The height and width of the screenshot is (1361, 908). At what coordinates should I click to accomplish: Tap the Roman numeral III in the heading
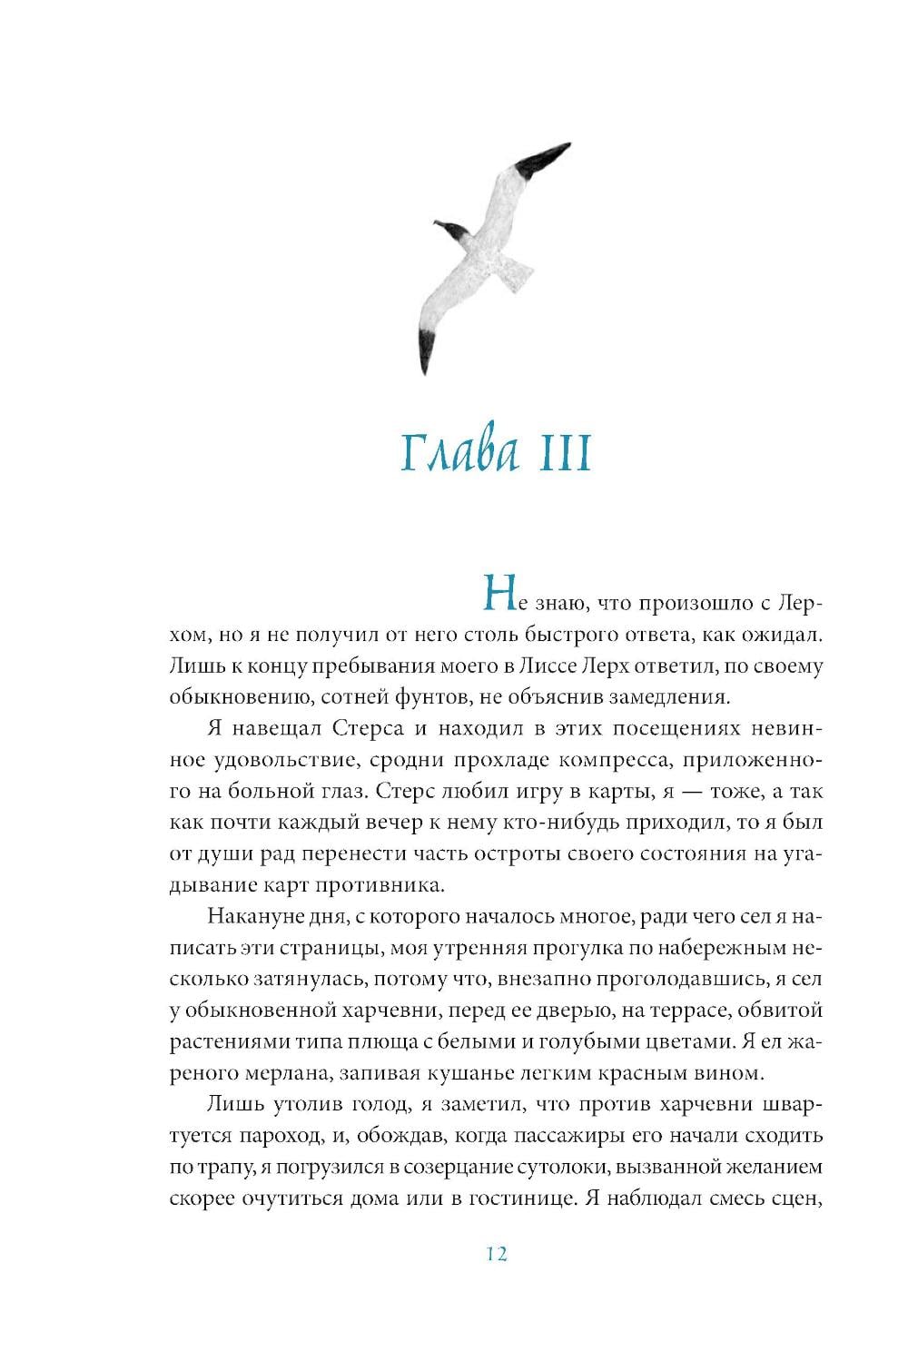coord(564,454)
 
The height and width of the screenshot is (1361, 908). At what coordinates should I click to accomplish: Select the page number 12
coord(496,1254)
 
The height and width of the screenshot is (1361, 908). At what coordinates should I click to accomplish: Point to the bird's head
coord(447,231)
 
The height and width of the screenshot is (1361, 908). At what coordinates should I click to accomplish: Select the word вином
coord(729,1072)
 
